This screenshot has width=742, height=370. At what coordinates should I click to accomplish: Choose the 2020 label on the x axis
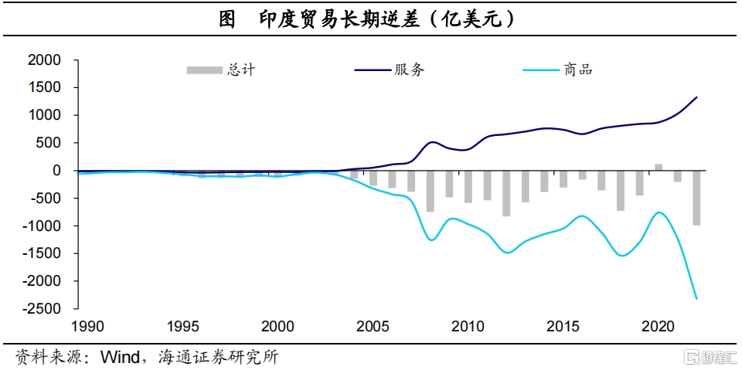[658, 326]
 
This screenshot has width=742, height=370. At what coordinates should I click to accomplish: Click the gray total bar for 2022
[696, 198]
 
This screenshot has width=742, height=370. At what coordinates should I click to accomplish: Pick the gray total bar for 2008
[431, 191]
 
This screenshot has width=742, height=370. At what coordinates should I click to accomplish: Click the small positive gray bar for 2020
[659, 167]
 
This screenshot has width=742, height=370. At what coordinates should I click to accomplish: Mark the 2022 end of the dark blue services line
[696, 97]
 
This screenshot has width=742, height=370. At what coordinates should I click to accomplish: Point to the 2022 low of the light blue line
[696, 298]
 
